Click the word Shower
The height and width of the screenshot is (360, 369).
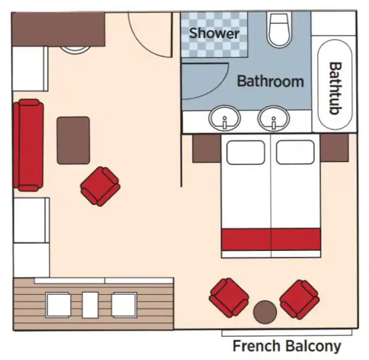pos(214,33)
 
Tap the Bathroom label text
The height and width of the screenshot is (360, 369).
pos(270,81)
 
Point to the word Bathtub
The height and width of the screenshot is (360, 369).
pos(335,88)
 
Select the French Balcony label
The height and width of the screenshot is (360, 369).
pos(287,347)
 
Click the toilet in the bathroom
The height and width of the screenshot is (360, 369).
pos(279,30)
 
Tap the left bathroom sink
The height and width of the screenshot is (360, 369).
pos(225,118)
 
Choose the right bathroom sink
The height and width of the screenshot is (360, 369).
pos(274,118)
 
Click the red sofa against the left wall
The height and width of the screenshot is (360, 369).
pos(28,145)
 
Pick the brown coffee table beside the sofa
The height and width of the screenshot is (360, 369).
pos(73,140)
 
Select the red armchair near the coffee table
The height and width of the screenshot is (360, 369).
pos(100,186)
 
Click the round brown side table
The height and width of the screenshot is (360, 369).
pos(265,312)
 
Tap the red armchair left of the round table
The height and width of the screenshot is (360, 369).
pos(229,298)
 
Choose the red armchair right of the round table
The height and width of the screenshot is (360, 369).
pos(300,299)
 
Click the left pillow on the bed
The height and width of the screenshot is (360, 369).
pos(246,152)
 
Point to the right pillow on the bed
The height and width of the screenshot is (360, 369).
pos(295,152)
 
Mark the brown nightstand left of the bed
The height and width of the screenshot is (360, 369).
pos(206,148)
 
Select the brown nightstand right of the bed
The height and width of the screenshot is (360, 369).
pos(334,148)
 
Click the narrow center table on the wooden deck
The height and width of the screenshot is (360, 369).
pos(90,305)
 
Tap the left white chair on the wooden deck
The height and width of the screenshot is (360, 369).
pos(58,305)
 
